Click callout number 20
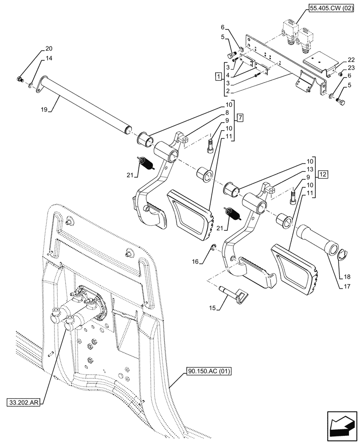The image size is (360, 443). [48, 48]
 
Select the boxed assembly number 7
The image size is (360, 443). [239, 118]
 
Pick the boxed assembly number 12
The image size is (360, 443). [323, 174]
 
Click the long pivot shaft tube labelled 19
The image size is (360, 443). [84, 104]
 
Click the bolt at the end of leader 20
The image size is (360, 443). [20, 80]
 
